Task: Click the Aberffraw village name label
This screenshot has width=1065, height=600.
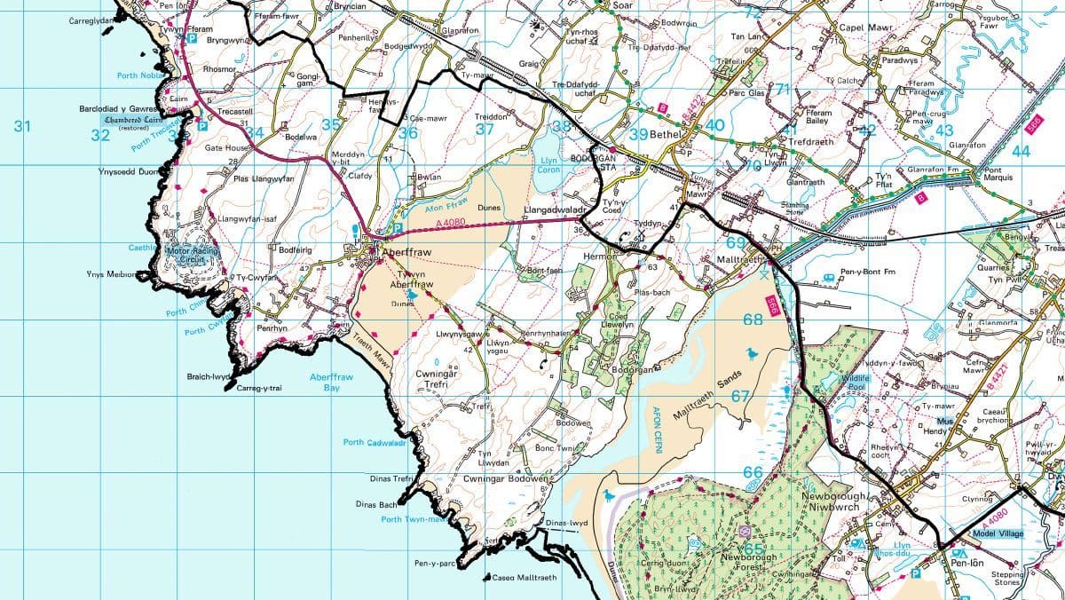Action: pyautogui.click(x=405, y=253)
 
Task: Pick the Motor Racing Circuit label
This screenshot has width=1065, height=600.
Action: pyautogui.click(x=191, y=255)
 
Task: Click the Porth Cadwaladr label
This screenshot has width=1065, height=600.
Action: pyautogui.click(x=375, y=442)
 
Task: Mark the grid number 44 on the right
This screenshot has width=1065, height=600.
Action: pyautogui.click(x=1021, y=151)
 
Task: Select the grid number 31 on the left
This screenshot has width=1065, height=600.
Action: pyautogui.click(x=22, y=127)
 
